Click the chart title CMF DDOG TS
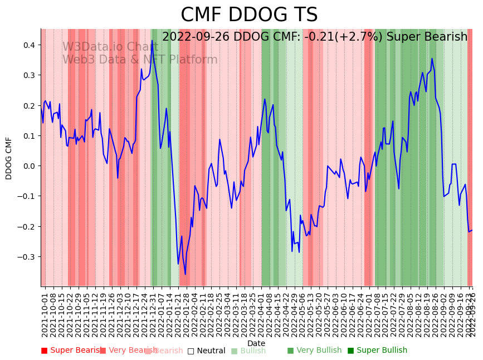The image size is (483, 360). (x=249, y=15)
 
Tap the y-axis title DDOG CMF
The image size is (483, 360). (x=9, y=158)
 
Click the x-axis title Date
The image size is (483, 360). (x=256, y=343)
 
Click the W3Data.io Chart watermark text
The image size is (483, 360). (x=110, y=47)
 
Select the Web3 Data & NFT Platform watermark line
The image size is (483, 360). (x=140, y=60)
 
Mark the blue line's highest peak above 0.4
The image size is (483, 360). (x=152, y=40)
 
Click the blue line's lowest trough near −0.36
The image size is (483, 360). (x=186, y=274)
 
